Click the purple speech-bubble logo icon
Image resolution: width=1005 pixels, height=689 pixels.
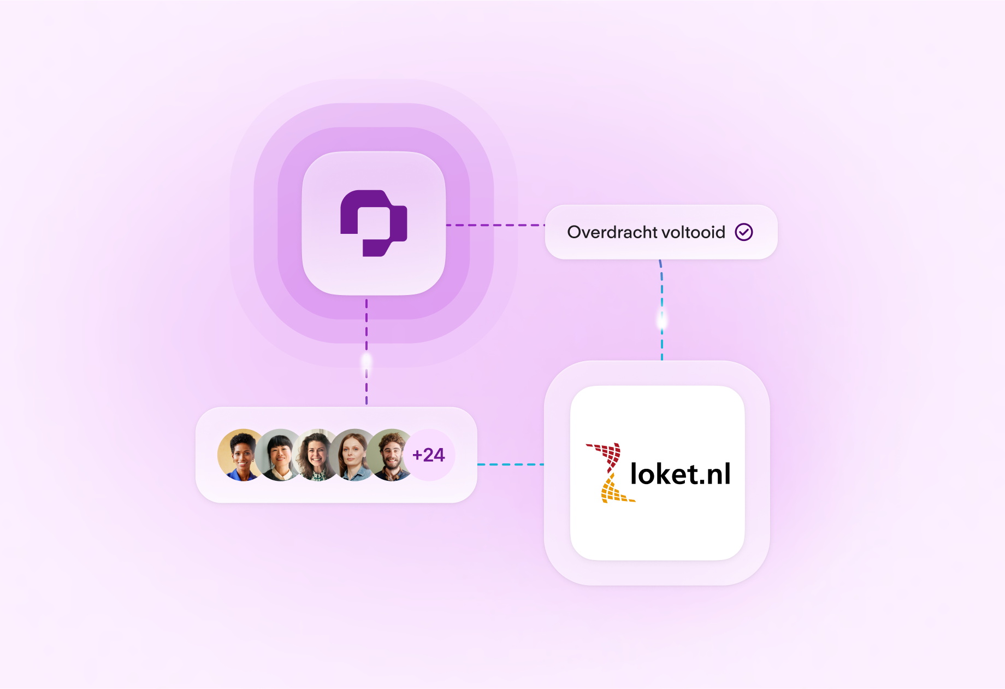click(374, 223)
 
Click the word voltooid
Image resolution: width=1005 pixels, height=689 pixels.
click(693, 232)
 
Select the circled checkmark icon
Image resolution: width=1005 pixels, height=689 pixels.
click(744, 232)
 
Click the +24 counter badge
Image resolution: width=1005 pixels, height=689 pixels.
click(429, 455)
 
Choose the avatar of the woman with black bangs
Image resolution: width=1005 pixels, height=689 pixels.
click(279, 455)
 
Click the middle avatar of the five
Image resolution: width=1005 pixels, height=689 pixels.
click(317, 455)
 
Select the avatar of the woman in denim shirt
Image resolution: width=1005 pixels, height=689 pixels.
click(354, 455)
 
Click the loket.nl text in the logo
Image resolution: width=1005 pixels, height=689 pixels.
click(680, 474)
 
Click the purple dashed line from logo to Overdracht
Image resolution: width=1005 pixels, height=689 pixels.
click(495, 225)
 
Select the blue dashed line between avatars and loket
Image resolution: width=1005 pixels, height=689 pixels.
click(510, 464)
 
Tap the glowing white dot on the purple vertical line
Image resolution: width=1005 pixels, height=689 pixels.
click(366, 361)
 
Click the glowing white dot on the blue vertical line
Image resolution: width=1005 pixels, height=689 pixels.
click(662, 320)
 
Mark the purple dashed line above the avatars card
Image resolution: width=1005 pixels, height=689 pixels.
click(366, 388)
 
